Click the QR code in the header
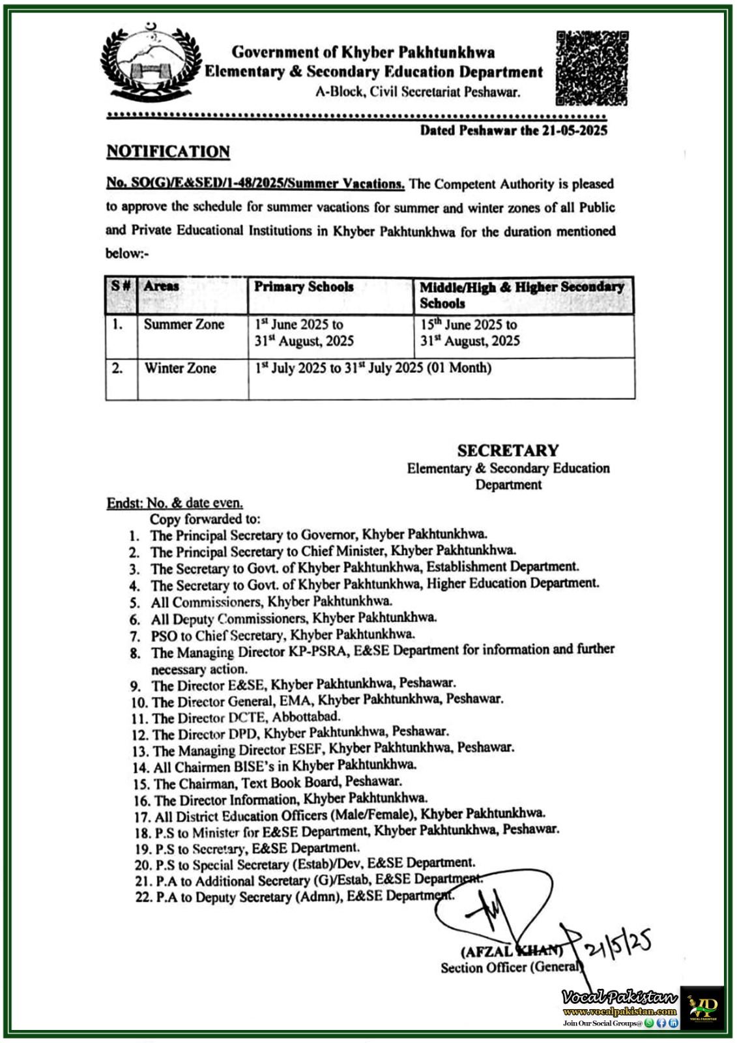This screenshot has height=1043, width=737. point(592,68)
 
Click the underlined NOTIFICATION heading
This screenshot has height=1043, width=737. point(168,152)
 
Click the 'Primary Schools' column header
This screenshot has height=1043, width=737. point(304,287)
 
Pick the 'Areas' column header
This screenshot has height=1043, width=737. point(161,286)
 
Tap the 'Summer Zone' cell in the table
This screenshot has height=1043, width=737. point(184,325)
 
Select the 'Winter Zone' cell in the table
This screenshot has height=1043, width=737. point(180,368)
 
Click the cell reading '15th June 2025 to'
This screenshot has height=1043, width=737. point(469,325)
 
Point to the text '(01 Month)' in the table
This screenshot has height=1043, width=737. point(459,368)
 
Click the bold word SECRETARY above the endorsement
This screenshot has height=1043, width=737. point(508,450)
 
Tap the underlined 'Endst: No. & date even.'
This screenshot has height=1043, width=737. point(175,503)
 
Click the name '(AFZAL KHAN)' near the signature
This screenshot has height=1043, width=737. point(512,951)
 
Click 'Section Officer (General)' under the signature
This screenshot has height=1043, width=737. point(510,967)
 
